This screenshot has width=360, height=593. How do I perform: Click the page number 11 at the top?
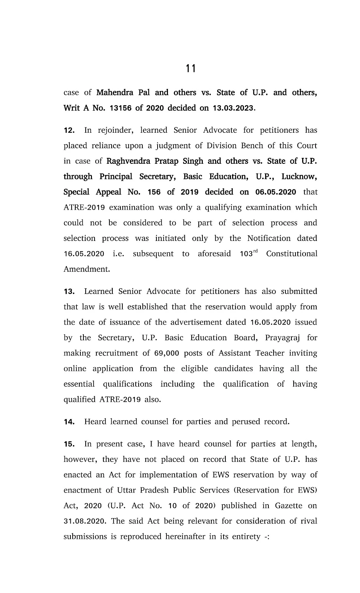[191, 69]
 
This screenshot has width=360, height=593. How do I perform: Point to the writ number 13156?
[121, 108]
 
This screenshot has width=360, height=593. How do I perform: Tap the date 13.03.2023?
[233, 108]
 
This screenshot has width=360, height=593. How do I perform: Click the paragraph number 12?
[69, 130]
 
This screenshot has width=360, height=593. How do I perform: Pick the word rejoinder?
[113, 130]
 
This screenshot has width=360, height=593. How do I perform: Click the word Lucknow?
[299, 176]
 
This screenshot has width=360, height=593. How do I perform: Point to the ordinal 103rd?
[248, 254]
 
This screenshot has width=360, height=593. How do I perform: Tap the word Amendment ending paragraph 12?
[86, 269]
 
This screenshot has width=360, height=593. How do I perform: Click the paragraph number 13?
[69, 292]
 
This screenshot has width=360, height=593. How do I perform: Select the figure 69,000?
[166, 353]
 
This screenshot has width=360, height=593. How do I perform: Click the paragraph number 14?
[69, 422]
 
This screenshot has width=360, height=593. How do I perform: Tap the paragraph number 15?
[69, 444]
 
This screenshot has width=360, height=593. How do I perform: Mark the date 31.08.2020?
[85, 521]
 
